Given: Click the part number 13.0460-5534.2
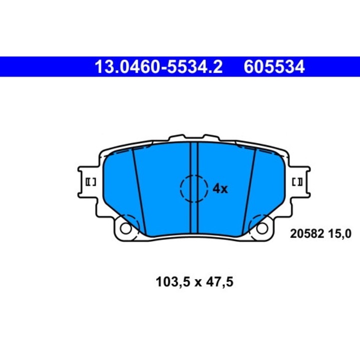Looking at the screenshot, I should point(158,67).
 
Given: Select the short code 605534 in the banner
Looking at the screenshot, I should point(274,67).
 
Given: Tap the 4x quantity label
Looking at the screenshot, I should point(220,188).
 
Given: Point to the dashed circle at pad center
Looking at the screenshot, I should point(194,188).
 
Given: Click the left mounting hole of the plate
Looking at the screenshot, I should point(125,228).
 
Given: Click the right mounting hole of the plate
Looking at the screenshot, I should point(262,228).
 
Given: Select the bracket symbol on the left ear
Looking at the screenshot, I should point(91,183).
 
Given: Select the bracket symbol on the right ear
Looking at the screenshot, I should point(296,183).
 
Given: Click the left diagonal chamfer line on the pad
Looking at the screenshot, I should point(138,190).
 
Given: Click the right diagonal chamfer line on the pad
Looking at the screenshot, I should point(249,190).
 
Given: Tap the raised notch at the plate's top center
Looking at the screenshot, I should point(194,137).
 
